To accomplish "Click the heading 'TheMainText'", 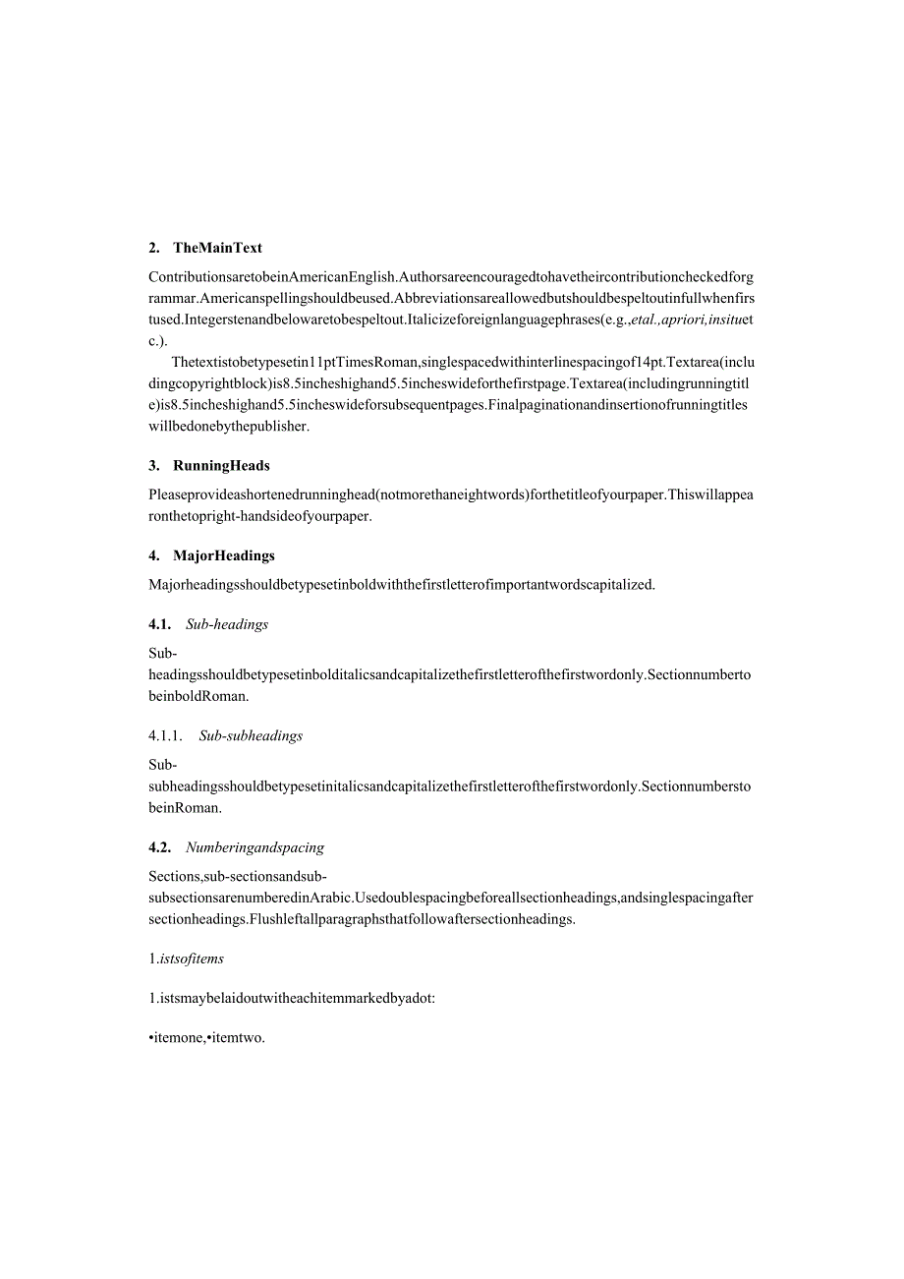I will (217, 248).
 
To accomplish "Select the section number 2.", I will (154, 248).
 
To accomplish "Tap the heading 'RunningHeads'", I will (221, 465).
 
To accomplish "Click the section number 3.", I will (154, 465).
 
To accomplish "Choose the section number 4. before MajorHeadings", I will (154, 555).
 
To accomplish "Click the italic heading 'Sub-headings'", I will (227, 624).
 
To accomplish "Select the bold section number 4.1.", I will (159, 624).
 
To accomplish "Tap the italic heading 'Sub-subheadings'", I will (251, 735).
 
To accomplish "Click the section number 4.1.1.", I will (165, 735).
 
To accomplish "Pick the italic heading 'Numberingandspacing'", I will (254, 847).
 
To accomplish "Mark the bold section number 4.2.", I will (159, 847).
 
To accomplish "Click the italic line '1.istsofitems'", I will (187, 959).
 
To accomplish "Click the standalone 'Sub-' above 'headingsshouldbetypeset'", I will (162, 653).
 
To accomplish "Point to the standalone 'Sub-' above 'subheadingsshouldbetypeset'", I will (162, 764).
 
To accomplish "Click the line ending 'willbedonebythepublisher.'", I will (229, 426).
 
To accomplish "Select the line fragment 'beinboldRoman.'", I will (198, 696).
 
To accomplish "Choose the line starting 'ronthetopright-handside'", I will (260, 516).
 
